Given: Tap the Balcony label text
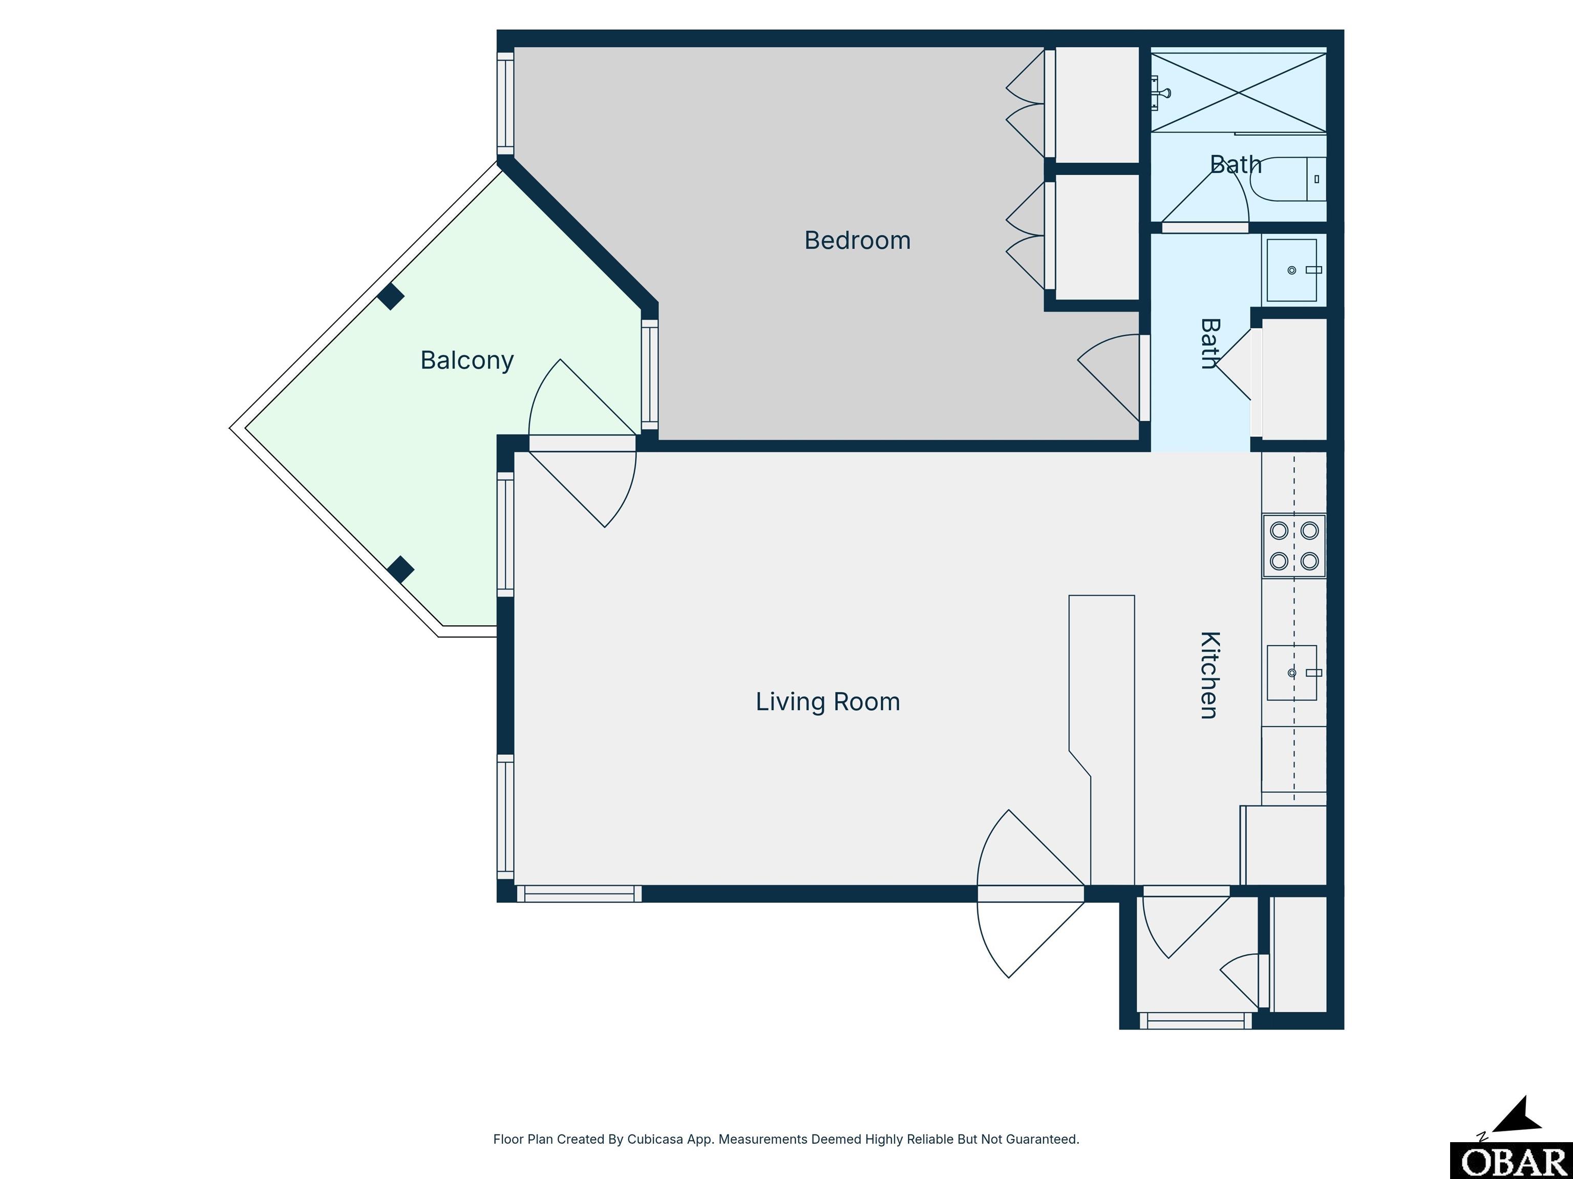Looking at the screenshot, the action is pyautogui.click(x=466, y=360).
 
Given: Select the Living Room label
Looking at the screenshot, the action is pyautogui.click(x=828, y=702).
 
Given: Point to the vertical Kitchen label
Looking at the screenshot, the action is pyautogui.click(x=1209, y=675).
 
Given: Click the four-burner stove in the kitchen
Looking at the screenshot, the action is pyautogui.click(x=1294, y=546).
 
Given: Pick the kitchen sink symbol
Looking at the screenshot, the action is pyautogui.click(x=1292, y=672).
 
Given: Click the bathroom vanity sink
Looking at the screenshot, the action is pyautogui.click(x=1292, y=270).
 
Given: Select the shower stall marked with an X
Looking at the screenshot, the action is pyautogui.click(x=1239, y=93).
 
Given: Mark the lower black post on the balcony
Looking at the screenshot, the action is pyautogui.click(x=400, y=569).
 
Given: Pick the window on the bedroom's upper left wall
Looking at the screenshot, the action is pyautogui.click(x=505, y=103).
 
